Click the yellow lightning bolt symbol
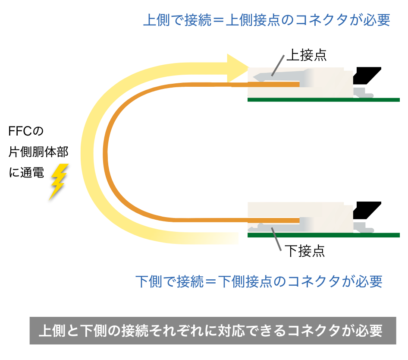click(x=58, y=182)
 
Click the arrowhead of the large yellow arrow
click(x=238, y=67)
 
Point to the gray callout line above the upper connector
click(x=278, y=65)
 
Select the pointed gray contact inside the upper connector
click(x=263, y=77)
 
